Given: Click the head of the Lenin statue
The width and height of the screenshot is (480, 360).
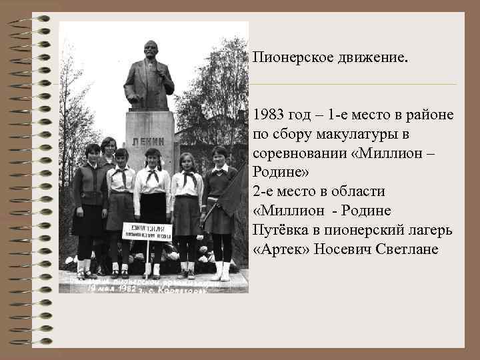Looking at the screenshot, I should (x=151, y=51).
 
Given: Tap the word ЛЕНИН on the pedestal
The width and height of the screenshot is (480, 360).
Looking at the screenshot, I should (x=149, y=141).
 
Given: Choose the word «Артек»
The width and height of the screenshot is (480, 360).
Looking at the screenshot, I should (x=276, y=249).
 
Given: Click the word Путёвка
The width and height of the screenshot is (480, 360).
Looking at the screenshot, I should (x=281, y=230).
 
